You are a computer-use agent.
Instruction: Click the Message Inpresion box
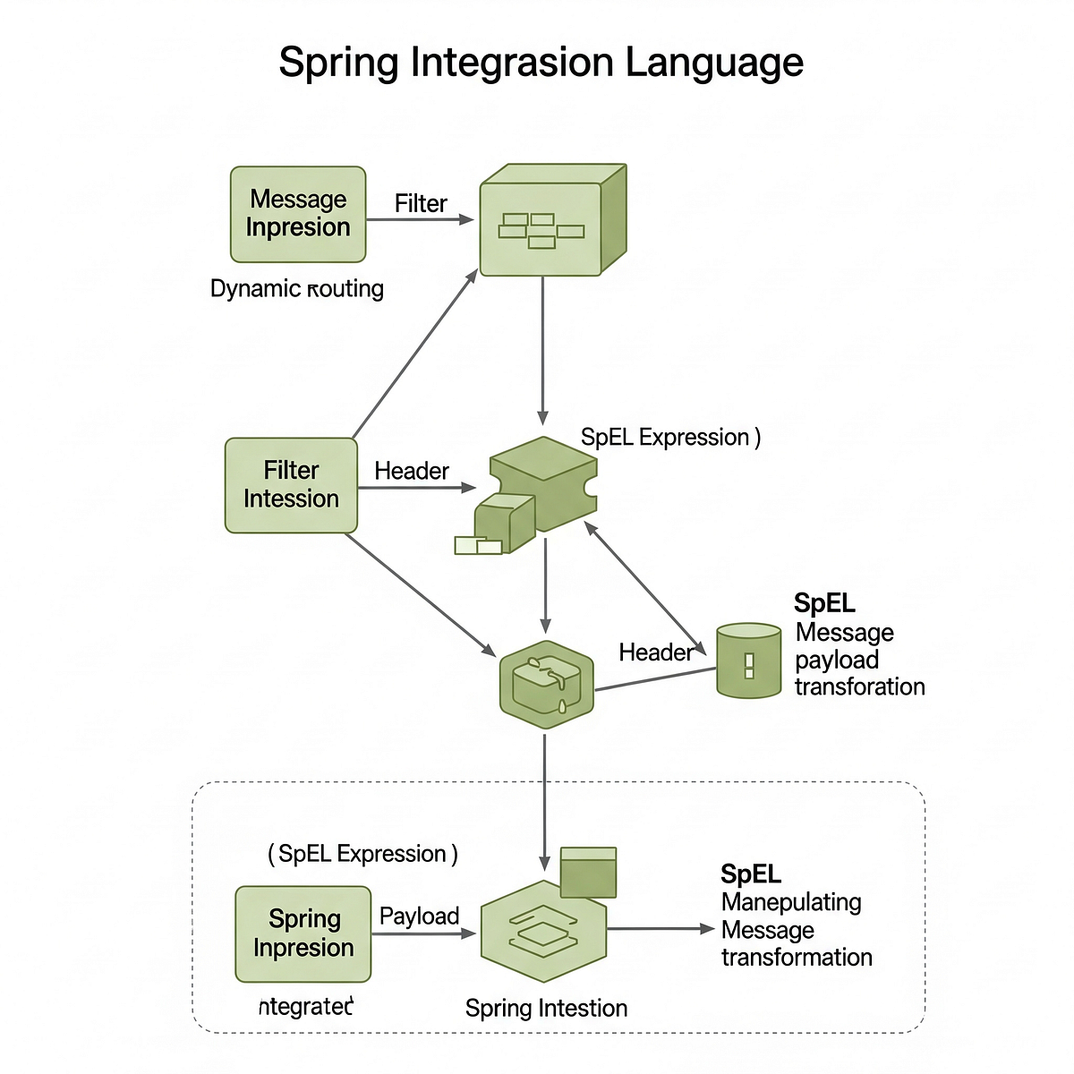(298, 214)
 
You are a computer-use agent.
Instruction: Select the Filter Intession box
(291, 485)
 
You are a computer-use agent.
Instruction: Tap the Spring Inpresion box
(303, 933)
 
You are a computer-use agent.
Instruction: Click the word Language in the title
(713, 63)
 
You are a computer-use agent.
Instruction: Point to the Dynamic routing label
(296, 288)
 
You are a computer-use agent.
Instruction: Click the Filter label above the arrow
(421, 203)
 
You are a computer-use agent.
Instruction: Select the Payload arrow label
(419, 916)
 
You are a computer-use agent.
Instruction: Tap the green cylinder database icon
(749, 661)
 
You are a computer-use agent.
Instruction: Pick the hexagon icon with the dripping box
(545, 685)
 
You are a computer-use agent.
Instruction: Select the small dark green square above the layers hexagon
(588, 872)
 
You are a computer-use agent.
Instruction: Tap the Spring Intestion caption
(546, 1008)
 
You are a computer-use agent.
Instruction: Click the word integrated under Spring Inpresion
(306, 1006)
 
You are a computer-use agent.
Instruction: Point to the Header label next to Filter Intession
(412, 471)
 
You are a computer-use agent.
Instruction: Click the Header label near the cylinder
(655, 652)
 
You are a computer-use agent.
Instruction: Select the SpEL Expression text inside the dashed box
(362, 854)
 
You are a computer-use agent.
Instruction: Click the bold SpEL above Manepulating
(751, 874)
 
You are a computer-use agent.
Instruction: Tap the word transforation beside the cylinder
(859, 686)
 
